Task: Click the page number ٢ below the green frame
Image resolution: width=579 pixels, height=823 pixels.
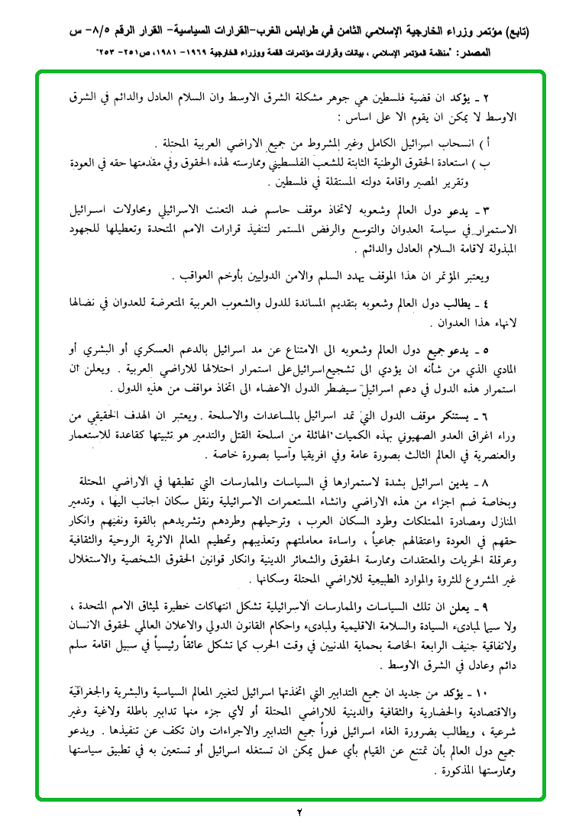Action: (x=299, y=811)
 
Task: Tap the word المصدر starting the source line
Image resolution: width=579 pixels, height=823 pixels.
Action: (x=528, y=54)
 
